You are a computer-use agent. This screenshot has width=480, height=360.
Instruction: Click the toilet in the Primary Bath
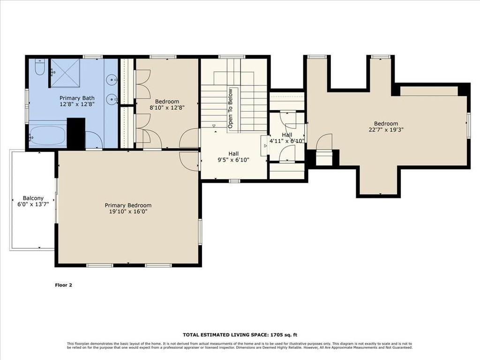pos(40,67)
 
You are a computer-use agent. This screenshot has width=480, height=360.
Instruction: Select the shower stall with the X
pos(65,73)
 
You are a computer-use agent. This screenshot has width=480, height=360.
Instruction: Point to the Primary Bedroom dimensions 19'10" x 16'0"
pos(128,211)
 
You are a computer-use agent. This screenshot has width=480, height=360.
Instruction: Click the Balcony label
pos(33,198)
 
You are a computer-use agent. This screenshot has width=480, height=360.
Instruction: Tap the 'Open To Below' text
pos(231,108)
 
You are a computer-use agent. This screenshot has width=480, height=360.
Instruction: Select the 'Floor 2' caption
pos(63,285)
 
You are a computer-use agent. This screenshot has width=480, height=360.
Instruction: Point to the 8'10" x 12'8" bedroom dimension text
pos(167,108)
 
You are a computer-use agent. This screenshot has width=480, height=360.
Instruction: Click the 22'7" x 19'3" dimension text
pos(386,129)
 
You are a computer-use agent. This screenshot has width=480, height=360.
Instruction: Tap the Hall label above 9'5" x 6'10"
pos(233,154)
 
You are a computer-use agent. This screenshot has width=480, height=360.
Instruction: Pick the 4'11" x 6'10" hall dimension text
pos(287,141)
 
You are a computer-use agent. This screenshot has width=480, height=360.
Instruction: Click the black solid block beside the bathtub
pos(76,133)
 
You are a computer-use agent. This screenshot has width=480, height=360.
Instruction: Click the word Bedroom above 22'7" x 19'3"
pos(386,124)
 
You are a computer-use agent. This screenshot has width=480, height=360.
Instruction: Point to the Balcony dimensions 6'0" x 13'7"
pos(33,204)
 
